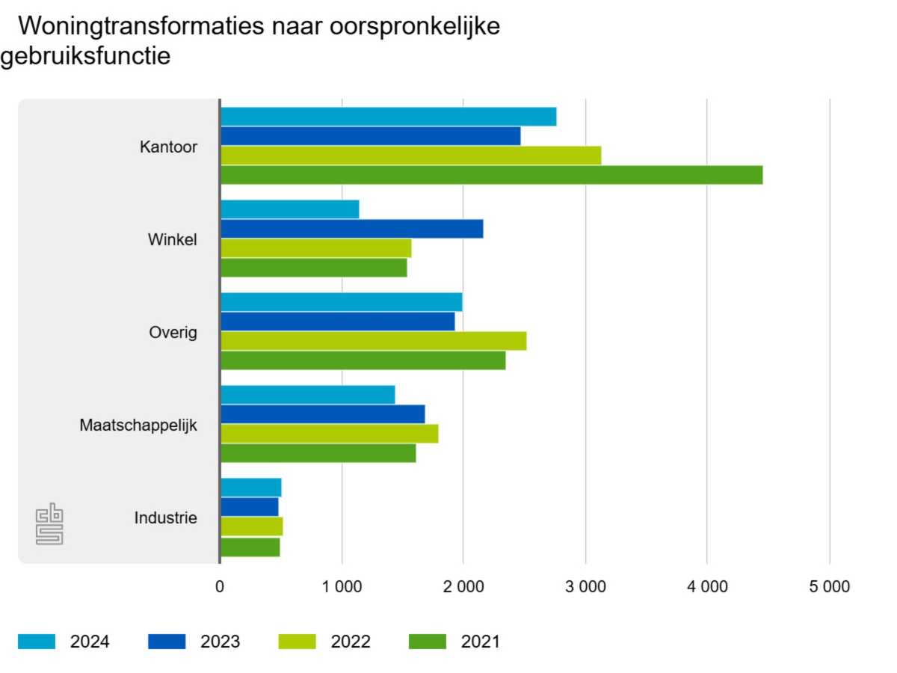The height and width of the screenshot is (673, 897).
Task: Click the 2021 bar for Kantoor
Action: [x=491, y=175]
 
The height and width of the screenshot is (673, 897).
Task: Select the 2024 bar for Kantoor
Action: [x=388, y=117]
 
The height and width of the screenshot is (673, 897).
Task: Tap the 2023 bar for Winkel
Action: [x=351, y=229]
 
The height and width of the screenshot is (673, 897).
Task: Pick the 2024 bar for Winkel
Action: [x=290, y=209]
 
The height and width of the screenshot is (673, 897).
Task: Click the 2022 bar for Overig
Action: [x=373, y=341]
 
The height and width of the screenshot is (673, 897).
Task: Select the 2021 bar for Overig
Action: [x=363, y=360]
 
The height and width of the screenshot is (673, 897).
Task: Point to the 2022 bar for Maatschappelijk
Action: [x=329, y=434]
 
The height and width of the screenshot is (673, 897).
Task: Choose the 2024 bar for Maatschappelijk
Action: [x=307, y=395]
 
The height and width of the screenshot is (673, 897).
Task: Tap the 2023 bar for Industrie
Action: [x=250, y=507]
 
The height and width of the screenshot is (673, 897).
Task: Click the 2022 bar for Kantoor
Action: [x=410, y=156]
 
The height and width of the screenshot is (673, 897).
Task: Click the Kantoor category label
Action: [x=168, y=147]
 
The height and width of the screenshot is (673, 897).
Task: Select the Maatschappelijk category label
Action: [x=138, y=425]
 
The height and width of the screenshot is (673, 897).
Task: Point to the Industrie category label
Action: [x=166, y=517]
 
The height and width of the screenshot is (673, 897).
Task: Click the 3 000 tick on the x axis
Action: [x=585, y=586]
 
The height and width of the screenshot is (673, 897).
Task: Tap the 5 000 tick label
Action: [x=829, y=586]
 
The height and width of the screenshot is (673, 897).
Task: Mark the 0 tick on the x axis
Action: [x=220, y=586]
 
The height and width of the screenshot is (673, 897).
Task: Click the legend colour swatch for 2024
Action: [x=37, y=642]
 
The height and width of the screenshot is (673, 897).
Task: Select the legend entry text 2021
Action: [x=480, y=642]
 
